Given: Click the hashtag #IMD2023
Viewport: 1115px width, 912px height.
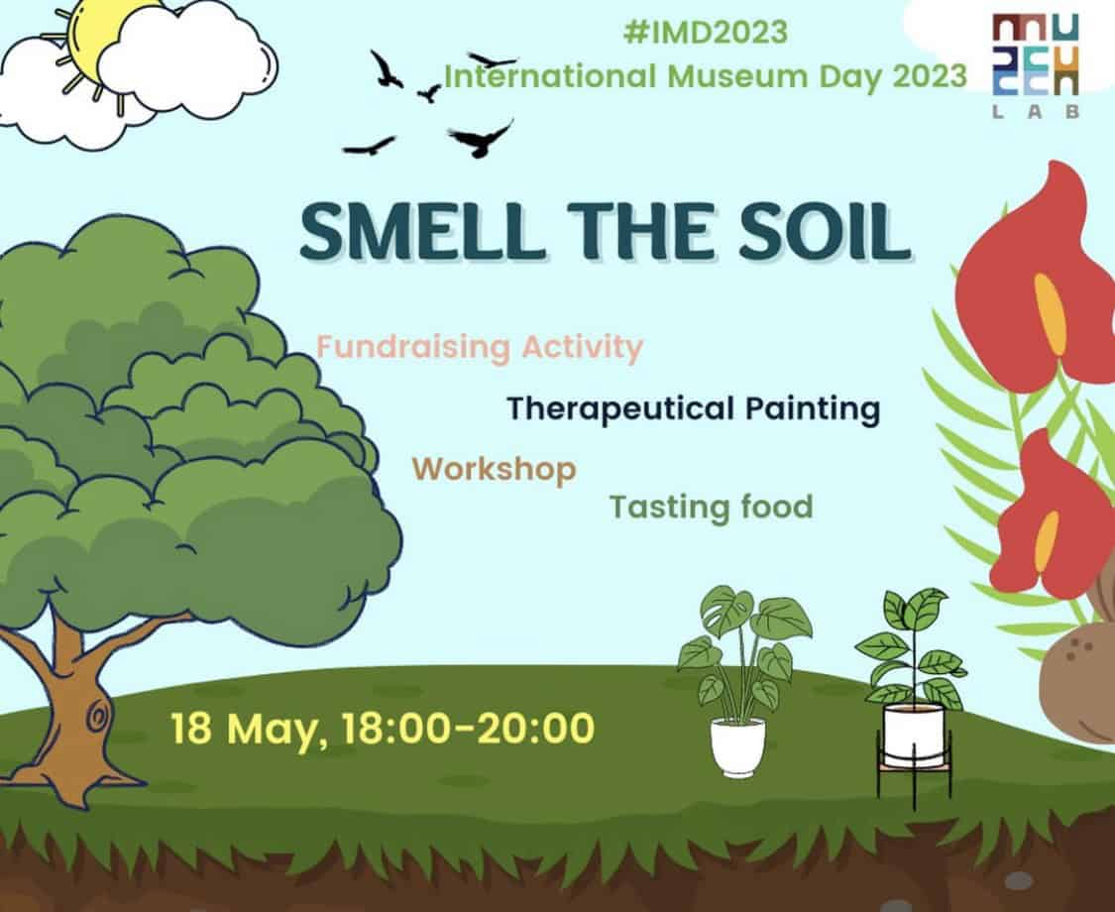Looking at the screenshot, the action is click(705, 33).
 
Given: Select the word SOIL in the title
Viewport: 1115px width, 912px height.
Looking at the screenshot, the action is click(824, 231).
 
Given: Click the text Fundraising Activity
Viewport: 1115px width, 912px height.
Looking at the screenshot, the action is click(480, 348).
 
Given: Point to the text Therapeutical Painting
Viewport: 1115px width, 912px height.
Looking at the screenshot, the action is click(694, 409).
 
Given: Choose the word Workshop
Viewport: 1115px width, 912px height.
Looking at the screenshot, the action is click(495, 470).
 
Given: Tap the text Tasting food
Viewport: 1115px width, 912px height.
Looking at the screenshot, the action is click(711, 508).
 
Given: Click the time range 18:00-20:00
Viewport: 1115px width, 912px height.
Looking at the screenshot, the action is click(468, 729).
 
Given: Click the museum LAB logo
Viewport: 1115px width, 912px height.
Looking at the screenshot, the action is click(1036, 66).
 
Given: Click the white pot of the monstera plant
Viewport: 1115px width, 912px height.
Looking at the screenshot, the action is click(738, 745).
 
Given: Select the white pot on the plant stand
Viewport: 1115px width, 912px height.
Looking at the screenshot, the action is click(913, 736).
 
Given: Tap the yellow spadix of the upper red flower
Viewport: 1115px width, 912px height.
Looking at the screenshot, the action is click(1051, 314).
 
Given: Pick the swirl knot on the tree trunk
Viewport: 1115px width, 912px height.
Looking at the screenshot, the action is click(95, 713).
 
